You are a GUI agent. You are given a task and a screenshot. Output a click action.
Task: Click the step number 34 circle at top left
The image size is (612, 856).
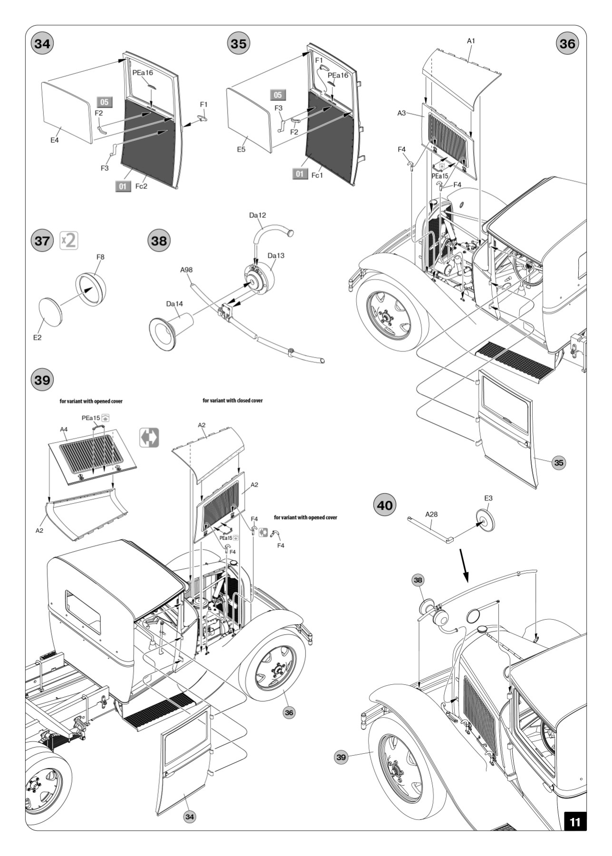42,44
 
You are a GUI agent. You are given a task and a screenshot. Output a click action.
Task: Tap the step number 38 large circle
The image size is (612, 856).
159,240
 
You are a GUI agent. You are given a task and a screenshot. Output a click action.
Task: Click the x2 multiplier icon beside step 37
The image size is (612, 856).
69,240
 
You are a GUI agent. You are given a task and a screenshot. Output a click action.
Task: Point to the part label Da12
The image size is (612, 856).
257,215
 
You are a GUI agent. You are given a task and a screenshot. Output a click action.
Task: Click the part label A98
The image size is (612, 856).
186,270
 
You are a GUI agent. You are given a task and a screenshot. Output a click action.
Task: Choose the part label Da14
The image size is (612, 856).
174,304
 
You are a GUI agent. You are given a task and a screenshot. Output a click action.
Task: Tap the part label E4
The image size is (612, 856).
55,140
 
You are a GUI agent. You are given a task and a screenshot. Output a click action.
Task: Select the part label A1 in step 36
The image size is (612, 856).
471,41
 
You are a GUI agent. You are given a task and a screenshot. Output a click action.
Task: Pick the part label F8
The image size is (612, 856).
100,257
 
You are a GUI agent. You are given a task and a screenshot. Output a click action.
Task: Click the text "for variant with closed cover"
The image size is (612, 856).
232,400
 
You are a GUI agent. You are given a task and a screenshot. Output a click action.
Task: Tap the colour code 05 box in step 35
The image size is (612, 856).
278,95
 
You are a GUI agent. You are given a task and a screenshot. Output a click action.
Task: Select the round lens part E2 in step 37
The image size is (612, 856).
50,312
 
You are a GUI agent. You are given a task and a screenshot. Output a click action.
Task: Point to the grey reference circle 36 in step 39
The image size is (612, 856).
289,712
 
